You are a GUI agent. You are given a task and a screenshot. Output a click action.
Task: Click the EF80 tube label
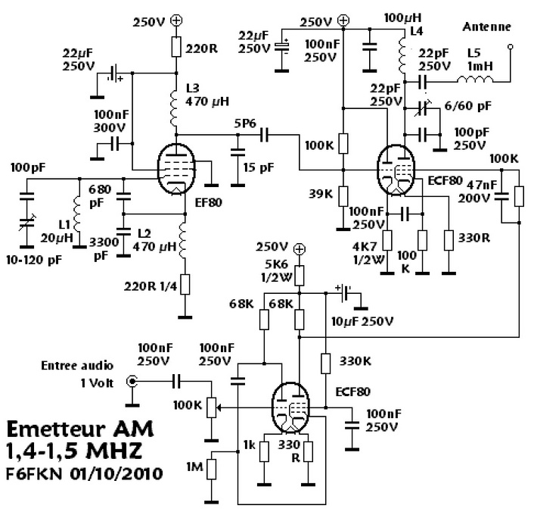[209, 202]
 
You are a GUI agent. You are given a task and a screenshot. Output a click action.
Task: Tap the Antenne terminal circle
[510, 46]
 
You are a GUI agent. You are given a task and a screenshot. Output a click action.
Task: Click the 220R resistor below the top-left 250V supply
[175, 47]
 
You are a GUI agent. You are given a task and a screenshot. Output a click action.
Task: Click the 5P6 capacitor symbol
[264, 135]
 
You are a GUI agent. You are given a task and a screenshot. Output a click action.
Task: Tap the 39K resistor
[343, 196]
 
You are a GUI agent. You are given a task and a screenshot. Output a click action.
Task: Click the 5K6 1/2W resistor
[299, 276]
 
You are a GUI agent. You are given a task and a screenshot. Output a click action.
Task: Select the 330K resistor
[325, 364]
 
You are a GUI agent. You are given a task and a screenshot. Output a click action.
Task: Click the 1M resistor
[212, 469]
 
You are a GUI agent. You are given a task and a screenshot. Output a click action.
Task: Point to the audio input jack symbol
[132, 381]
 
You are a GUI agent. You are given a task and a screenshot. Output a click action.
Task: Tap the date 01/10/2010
[116, 474]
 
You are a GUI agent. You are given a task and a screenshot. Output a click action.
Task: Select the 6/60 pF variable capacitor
[422, 108]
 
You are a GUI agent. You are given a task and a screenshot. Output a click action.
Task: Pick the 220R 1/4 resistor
[185, 284]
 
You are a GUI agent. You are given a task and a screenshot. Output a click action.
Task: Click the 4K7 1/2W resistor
[387, 240]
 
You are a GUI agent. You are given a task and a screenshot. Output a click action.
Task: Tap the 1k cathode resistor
[264, 451]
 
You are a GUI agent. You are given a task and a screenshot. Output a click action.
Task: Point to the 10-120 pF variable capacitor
[27, 222]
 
